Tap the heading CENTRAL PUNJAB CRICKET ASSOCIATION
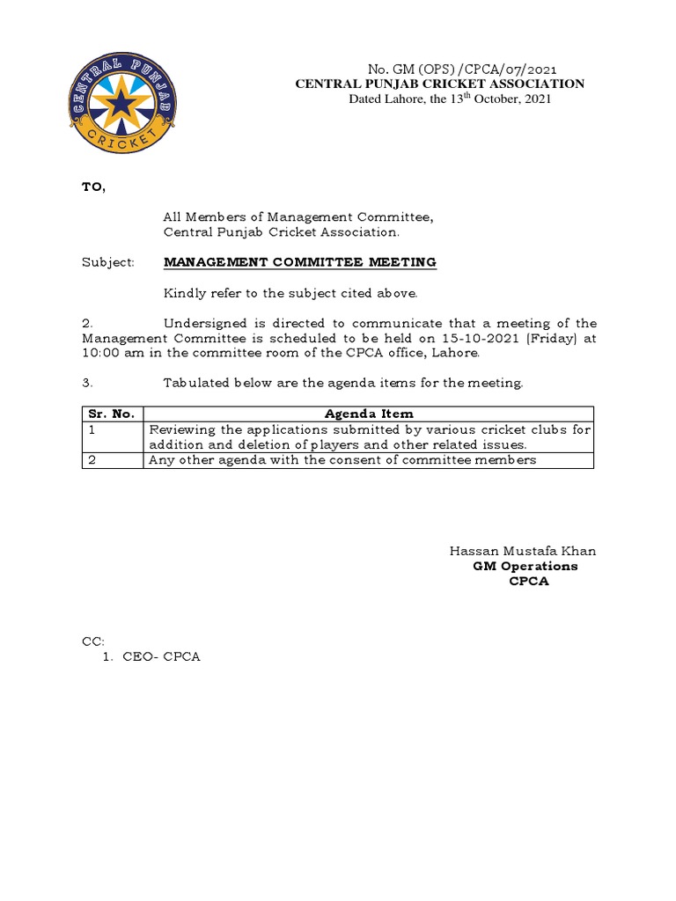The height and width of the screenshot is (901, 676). [x=439, y=84]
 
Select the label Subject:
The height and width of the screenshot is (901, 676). [x=108, y=262]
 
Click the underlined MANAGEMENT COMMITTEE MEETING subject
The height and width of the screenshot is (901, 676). [x=299, y=262]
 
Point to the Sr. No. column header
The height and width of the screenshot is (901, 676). [x=108, y=414]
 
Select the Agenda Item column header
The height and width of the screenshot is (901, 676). [x=369, y=414]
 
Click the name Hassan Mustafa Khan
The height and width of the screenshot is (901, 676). [x=523, y=551]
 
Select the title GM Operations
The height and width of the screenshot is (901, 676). [x=525, y=566]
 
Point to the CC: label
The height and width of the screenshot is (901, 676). [x=92, y=642]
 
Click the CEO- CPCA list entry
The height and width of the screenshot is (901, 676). [x=161, y=657]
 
